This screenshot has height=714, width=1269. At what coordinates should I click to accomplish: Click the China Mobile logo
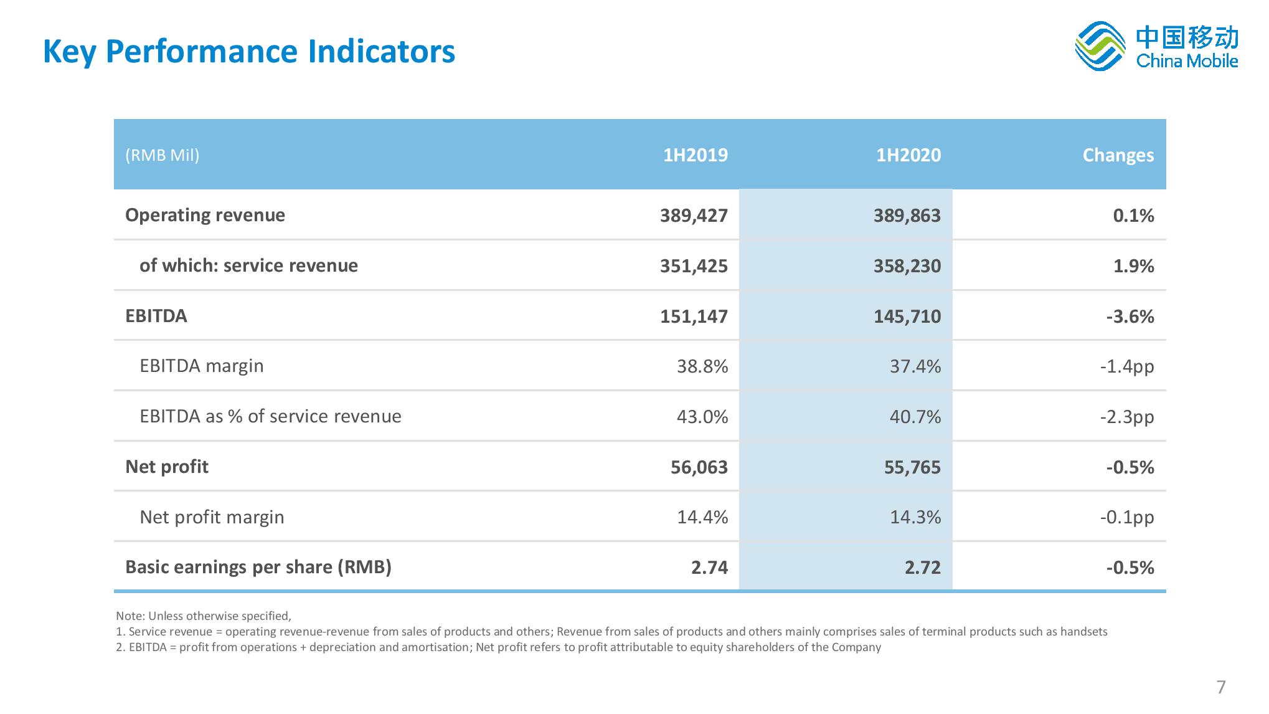[1156, 47]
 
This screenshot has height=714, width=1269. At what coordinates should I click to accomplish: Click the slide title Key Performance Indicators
[249, 51]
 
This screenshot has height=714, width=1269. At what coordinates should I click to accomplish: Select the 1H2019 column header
[695, 155]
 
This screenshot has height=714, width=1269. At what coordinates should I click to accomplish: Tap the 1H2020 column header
[908, 155]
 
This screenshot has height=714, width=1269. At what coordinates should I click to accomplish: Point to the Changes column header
[1118, 156]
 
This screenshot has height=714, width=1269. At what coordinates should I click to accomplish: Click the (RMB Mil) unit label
[163, 155]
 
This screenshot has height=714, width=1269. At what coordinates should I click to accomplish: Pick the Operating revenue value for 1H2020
[907, 216]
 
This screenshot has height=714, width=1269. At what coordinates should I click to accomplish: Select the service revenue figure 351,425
[694, 266]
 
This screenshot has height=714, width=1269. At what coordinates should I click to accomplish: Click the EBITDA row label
[156, 316]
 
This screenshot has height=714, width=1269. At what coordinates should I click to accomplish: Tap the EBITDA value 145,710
[907, 317]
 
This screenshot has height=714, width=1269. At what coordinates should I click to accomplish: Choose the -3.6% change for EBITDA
[1130, 317]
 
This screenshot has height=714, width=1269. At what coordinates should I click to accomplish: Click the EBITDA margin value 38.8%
[702, 366]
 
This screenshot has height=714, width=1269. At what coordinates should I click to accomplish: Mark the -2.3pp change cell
[1127, 417]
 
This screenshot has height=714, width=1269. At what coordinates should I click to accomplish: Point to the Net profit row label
[167, 467]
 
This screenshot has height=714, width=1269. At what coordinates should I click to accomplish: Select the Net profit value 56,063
[699, 467]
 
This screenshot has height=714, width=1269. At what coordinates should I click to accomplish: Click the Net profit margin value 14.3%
[915, 517]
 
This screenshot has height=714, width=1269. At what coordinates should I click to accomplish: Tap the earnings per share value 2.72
[923, 568]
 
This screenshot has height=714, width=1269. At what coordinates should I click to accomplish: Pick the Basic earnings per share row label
[258, 567]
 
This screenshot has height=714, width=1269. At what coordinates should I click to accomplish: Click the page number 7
[1221, 687]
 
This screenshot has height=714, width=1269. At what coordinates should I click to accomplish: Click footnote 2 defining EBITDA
[498, 647]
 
